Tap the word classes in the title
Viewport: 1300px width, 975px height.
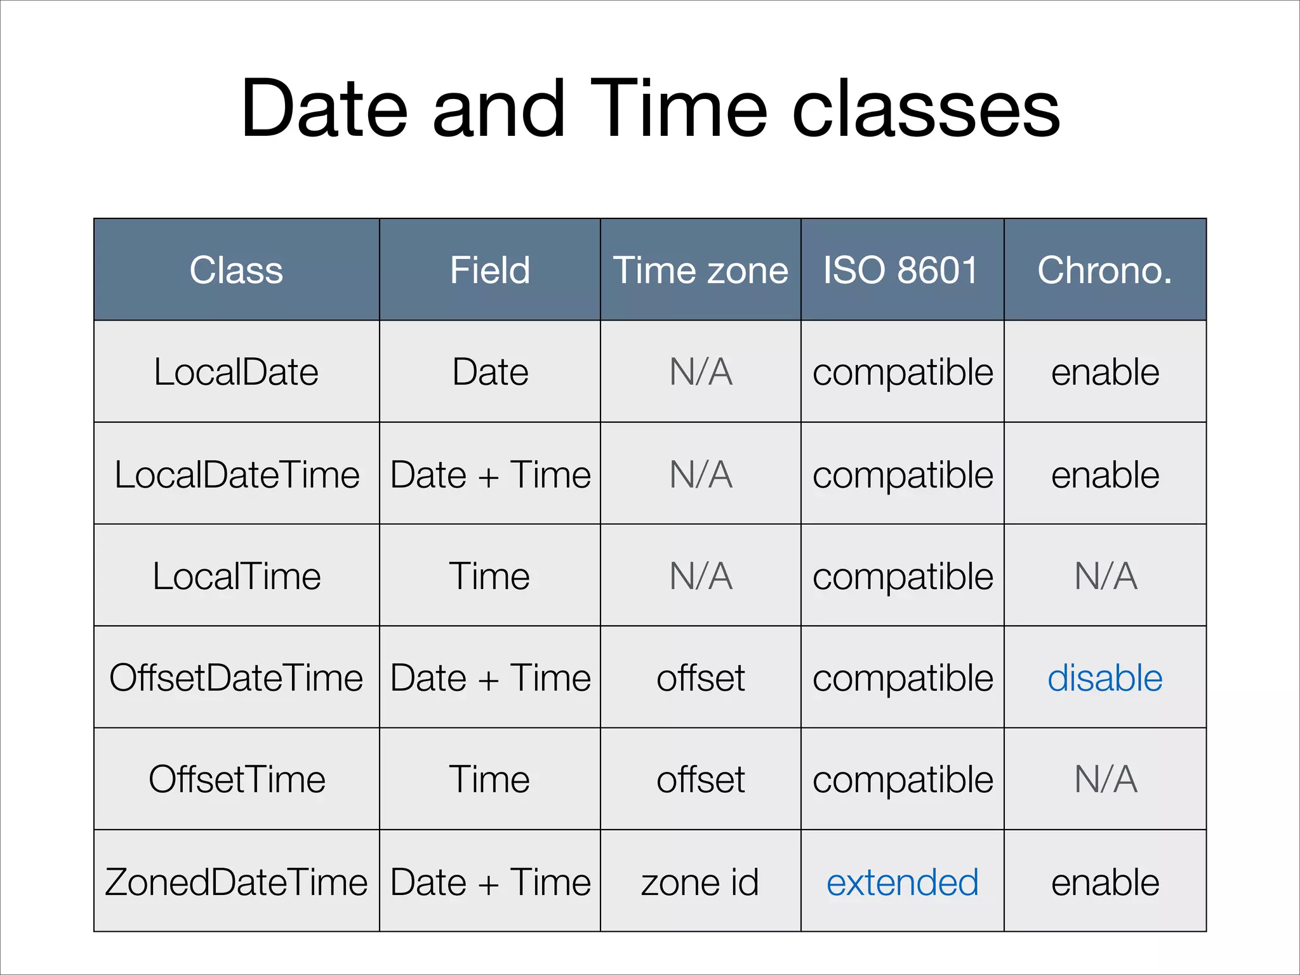pyautogui.click(x=926, y=109)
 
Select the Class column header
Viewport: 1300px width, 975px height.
pyautogui.click(x=236, y=270)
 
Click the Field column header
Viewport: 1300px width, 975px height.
pyautogui.click(x=489, y=270)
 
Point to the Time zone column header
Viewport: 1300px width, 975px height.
pyautogui.click(x=700, y=270)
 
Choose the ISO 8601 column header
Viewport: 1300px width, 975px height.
pyautogui.click(x=901, y=270)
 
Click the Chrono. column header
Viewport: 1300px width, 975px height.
pyautogui.click(x=1104, y=270)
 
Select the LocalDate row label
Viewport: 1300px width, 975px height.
pyautogui.click(x=236, y=372)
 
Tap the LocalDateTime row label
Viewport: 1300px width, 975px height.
pyautogui.click(x=236, y=475)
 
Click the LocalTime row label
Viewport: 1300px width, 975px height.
pyautogui.click(x=236, y=576)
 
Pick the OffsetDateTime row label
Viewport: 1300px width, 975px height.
pyautogui.click(x=236, y=678)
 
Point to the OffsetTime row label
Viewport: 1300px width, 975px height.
pyautogui.click(x=236, y=779)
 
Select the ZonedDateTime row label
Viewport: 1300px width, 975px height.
pyautogui.click(x=236, y=882)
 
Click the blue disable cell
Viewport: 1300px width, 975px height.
pyautogui.click(x=1104, y=678)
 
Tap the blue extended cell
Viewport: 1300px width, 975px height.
pyautogui.click(x=902, y=882)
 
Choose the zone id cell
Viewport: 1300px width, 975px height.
pyautogui.click(x=700, y=882)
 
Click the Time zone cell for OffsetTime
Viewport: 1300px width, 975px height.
pyautogui.click(x=700, y=779)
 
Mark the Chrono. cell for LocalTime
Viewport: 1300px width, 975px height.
pyautogui.click(x=1105, y=576)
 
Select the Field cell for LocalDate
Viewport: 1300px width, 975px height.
pyautogui.click(x=489, y=372)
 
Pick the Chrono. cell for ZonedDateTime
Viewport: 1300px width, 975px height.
pyautogui.click(x=1104, y=882)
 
